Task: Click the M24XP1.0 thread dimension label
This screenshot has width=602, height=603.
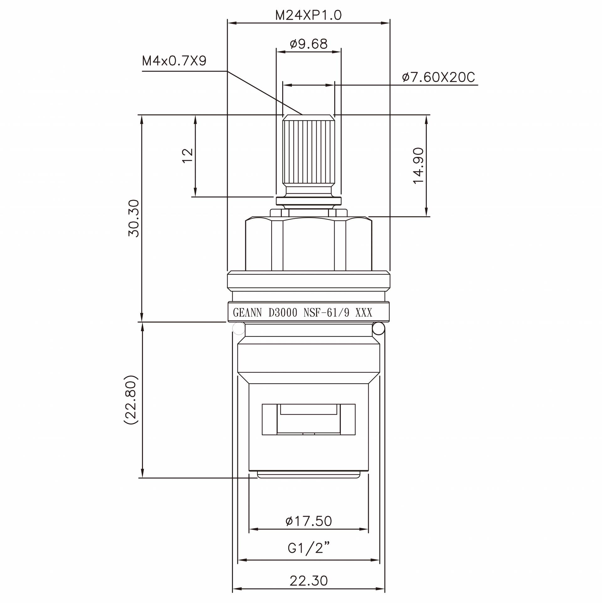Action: (308, 15)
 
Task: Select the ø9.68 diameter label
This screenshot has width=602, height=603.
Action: (309, 44)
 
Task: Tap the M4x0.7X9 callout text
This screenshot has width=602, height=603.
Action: (174, 61)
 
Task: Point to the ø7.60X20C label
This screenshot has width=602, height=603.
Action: (439, 77)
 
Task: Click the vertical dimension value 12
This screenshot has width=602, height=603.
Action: (187, 156)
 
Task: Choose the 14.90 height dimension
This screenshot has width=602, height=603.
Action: (419, 166)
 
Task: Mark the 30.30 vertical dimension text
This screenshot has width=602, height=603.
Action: (134, 218)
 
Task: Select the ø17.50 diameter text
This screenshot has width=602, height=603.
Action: (309, 521)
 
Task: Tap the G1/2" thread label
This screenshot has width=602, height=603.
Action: (309, 548)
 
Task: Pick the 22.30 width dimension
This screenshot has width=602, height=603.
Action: (309, 581)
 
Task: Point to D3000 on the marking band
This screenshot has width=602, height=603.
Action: (283, 313)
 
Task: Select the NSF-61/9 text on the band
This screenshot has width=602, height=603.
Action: (326, 313)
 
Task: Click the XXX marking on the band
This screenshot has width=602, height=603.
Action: (364, 313)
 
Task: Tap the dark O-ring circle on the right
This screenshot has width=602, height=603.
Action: (378, 329)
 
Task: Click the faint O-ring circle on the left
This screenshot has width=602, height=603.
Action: (239, 329)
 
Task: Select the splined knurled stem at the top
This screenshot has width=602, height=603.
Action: (309, 151)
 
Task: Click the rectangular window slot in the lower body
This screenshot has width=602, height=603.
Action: (309, 419)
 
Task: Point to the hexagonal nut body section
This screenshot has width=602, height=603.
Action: (309, 245)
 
